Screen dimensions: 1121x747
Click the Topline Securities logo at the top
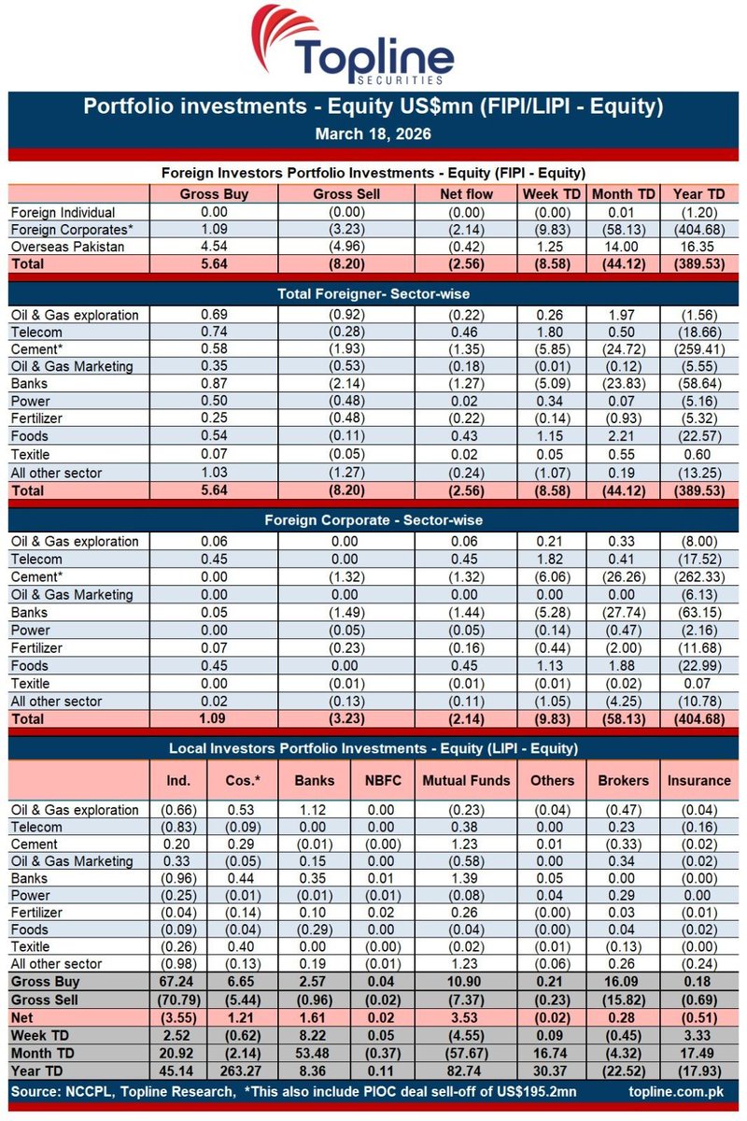click(373, 47)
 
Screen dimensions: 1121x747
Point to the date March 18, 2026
click(373, 134)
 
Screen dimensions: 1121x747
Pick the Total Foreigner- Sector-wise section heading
click(373, 294)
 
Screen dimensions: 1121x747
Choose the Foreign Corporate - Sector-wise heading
click(373, 520)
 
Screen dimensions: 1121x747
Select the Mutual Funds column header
click(467, 780)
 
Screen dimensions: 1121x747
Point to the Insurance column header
click(699, 780)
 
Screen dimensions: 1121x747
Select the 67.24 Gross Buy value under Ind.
click(177, 982)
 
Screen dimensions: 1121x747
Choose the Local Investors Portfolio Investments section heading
click(373, 747)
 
